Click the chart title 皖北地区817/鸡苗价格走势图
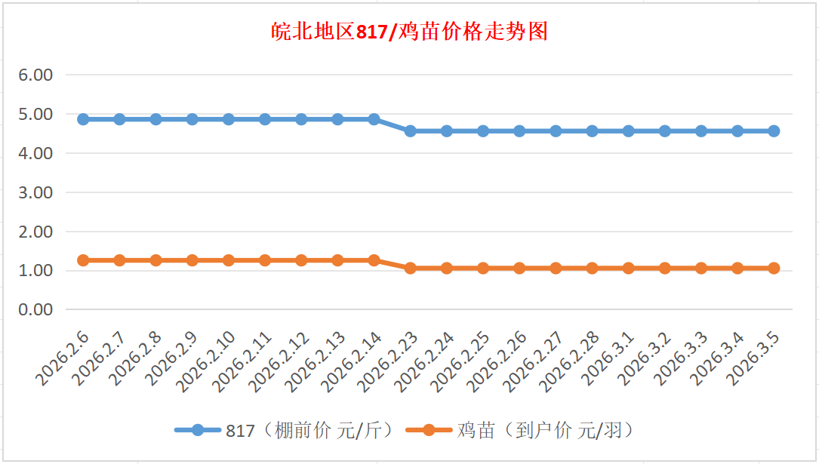tap(409, 32)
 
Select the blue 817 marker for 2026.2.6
tap(83, 119)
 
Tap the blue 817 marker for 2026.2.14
tap(374, 119)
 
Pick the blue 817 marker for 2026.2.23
tap(410, 131)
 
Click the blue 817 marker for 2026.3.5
tap(774, 131)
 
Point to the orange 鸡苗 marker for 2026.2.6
tap(83, 260)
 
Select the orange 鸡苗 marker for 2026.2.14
tap(374, 260)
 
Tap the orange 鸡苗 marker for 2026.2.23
tap(410, 268)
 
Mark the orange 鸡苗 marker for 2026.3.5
tap(774, 268)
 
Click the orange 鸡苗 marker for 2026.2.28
tap(592, 268)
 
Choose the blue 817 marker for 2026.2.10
tap(229, 119)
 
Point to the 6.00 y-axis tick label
tap(35, 75)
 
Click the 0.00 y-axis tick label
tap(35, 309)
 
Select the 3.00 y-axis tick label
tap(35, 192)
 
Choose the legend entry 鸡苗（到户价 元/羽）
tap(544, 431)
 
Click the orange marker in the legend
tap(428, 431)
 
